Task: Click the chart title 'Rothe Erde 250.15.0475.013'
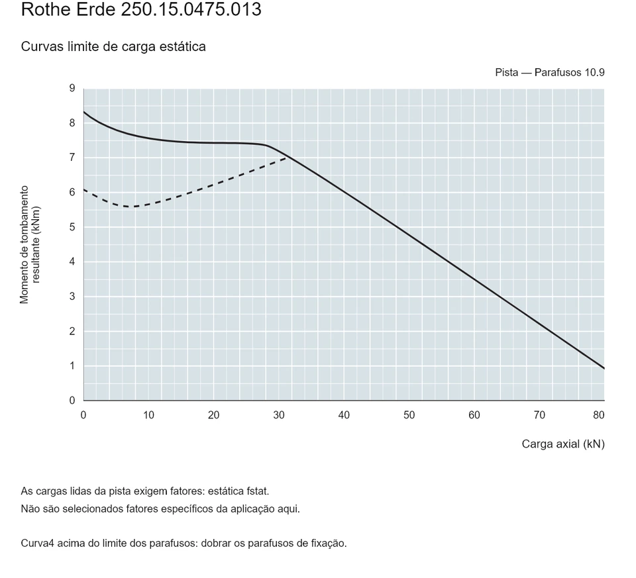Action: (x=141, y=9)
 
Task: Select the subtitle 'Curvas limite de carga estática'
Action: (x=113, y=46)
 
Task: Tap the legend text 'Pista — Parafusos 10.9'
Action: (x=550, y=73)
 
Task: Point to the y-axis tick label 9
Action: (x=72, y=88)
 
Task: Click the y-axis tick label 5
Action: (x=72, y=227)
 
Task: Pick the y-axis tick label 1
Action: (x=72, y=365)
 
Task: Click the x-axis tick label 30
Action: (x=279, y=415)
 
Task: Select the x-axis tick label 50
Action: (x=409, y=415)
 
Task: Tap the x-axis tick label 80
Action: (x=599, y=415)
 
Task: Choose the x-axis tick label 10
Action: (x=148, y=415)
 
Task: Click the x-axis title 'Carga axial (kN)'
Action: (x=563, y=444)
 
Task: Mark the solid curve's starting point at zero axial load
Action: (x=84, y=111)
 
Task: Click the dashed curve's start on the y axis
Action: (x=84, y=189)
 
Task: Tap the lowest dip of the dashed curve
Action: (x=130, y=207)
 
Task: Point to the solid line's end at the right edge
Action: (x=604, y=368)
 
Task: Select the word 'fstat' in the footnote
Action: (x=257, y=491)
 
